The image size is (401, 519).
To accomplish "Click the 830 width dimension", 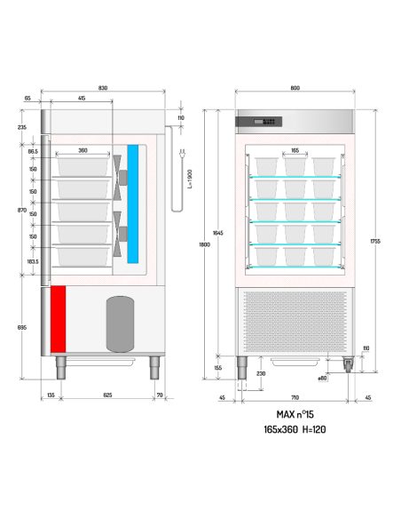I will pyautogui.click(x=103, y=88).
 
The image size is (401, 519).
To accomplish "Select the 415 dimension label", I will pyautogui.click(x=82, y=98).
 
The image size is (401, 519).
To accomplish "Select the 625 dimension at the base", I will pyautogui.click(x=106, y=394).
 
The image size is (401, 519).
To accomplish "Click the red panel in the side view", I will pyautogui.click(x=59, y=317).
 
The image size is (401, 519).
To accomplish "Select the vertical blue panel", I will pyautogui.click(x=133, y=204).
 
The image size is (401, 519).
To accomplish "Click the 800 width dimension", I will pyautogui.click(x=295, y=88).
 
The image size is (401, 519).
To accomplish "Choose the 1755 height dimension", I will pyautogui.click(x=375, y=240).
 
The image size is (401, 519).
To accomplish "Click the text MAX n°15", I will pyautogui.click(x=295, y=415).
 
